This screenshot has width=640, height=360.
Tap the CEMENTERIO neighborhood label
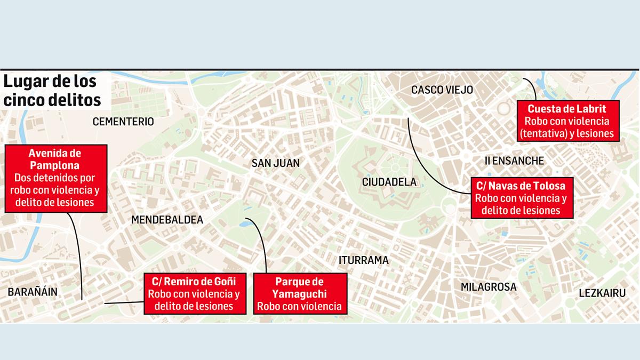tap(123, 122)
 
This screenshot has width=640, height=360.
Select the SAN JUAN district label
tap(276, 163)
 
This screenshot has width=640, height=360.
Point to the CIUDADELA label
tap(389, 181)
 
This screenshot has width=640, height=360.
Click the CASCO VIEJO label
tap(442, 90)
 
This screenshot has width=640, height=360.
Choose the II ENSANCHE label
tap(514, 161)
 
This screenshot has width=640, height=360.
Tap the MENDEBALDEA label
tap(167, 220)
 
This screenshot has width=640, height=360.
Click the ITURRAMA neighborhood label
tap(364, 260)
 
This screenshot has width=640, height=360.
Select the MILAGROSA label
tap(489, 287)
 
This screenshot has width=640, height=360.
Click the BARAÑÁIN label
tap(32, 291)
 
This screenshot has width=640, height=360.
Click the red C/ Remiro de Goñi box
tap(194, 293)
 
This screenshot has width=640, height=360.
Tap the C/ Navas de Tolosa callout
tap(522, 197)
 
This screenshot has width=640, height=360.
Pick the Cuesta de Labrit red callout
tap(569, 121)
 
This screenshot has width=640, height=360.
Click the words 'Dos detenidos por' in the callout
tap(54, 177)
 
